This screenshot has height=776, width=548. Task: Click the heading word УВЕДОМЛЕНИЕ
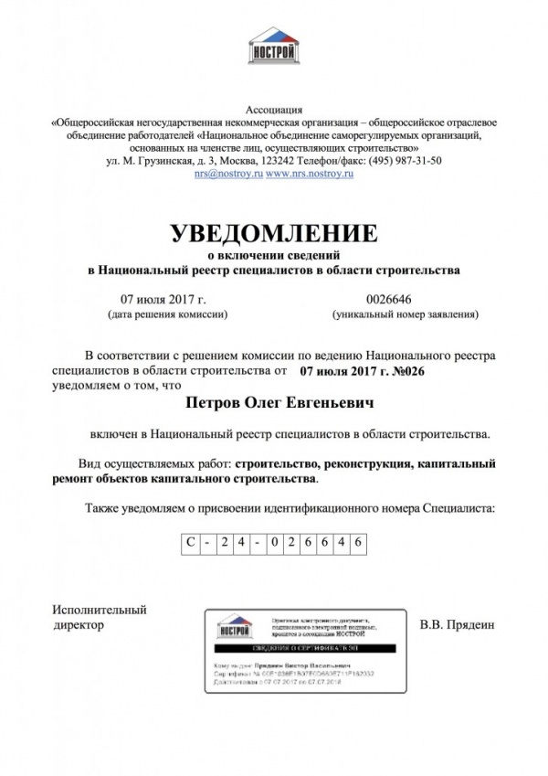click(x=274, y=232)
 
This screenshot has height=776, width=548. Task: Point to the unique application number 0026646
click(x=388, y=299)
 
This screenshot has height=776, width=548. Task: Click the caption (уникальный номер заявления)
click(x=405, y=314)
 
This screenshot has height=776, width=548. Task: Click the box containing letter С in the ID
click(x=188, y=542)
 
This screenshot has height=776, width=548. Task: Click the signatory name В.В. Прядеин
click(x=456, y=626)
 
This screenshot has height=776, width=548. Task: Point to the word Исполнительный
click(x=100, y=610)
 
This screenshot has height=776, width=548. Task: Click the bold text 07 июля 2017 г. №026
click(x=364, y=372)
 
